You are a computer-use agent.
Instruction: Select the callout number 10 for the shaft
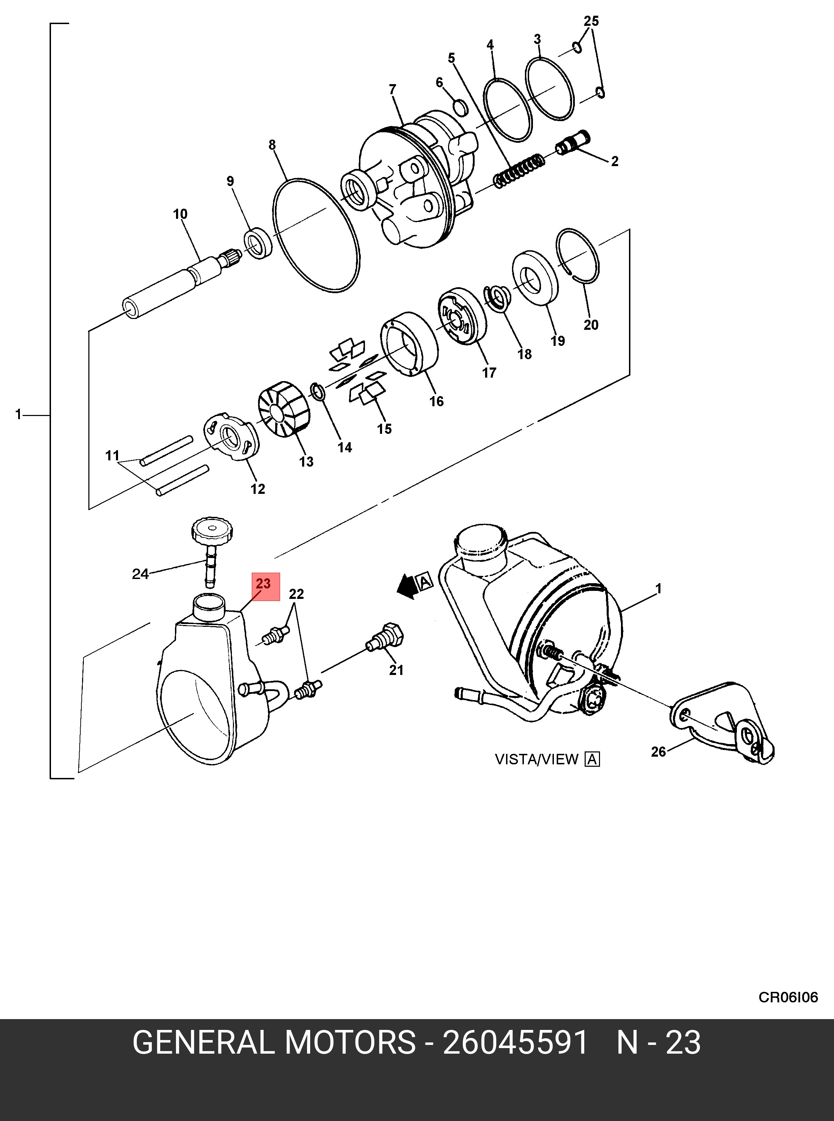[180, 214]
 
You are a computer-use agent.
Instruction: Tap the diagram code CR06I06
[788, 997]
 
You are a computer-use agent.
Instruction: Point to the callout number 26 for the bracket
[658, 752]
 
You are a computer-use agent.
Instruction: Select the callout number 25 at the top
[591, 21]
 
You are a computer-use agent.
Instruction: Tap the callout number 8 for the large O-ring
[272, 145]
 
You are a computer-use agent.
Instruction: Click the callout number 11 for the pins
[112, 455]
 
